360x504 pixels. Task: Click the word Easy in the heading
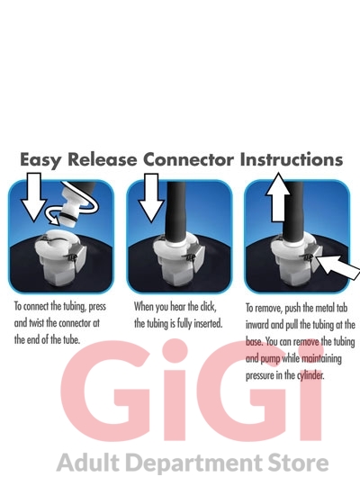coord(40,160)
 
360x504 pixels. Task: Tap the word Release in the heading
coord(103,159)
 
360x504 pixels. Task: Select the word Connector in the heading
coord(189,159)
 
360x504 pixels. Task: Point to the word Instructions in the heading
coord(292,159)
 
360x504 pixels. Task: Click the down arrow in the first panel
coord(34,197)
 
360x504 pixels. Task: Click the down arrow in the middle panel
coord(151,198)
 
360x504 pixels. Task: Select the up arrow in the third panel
coord(278,197)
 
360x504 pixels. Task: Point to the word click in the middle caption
coord(208,307)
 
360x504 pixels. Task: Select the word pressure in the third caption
coord(260,376)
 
